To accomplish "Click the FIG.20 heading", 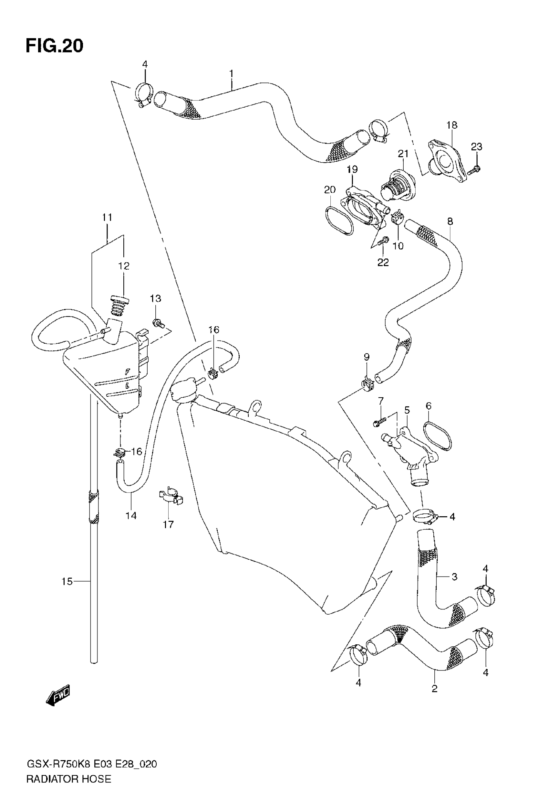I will (54, 46).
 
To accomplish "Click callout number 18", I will (452, 125).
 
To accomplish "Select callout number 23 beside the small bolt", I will (476, 147).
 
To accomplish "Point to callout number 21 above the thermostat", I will (403, 154).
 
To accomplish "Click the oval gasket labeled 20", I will (339, 221).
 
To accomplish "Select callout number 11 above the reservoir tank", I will (107, 217).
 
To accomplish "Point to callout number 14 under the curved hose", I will (131, 515).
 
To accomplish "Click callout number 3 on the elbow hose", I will (454, 576).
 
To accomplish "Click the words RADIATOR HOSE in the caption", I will (69, 779).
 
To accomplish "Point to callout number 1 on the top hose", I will (232, 74).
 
